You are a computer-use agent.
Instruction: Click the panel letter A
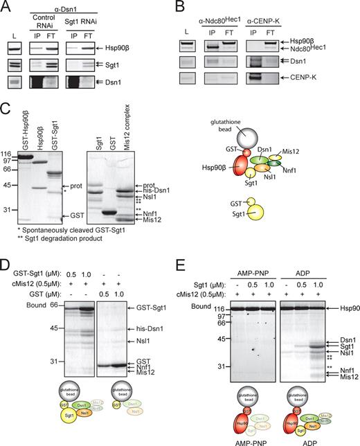(6, 6)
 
